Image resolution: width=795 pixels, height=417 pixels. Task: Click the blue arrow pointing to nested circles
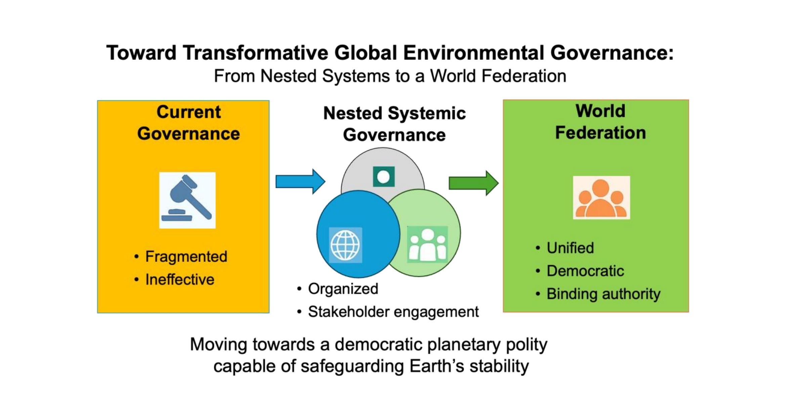(300, 181)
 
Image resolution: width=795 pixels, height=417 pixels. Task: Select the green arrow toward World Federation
(474, 183)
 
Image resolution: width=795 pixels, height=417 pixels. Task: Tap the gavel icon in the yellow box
(187, 200)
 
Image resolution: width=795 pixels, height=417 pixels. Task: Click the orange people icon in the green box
(601, 198)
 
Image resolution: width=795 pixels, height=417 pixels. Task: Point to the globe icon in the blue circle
(345, 245)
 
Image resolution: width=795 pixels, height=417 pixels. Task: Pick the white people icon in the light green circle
(427, 244)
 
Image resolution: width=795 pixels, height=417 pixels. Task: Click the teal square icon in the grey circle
(384, 177)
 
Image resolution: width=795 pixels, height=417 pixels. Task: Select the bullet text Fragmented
(186, 257)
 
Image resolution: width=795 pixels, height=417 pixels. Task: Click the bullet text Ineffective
(180, 280)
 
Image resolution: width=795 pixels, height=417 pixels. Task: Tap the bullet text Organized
(343, 289)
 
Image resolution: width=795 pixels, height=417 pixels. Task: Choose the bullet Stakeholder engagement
(393, 312)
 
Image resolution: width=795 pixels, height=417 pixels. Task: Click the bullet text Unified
(570, 248)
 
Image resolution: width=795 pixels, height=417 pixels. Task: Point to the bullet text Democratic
(585, 271)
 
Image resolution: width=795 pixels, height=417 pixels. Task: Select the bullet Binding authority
(603, 294)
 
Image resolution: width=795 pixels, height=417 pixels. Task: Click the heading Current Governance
(189, 123)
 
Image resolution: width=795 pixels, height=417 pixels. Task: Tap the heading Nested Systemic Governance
(394, 124)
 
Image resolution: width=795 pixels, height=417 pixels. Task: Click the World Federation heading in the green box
(600, 122)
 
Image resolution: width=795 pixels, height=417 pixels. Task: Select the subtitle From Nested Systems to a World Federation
(390, 76)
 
